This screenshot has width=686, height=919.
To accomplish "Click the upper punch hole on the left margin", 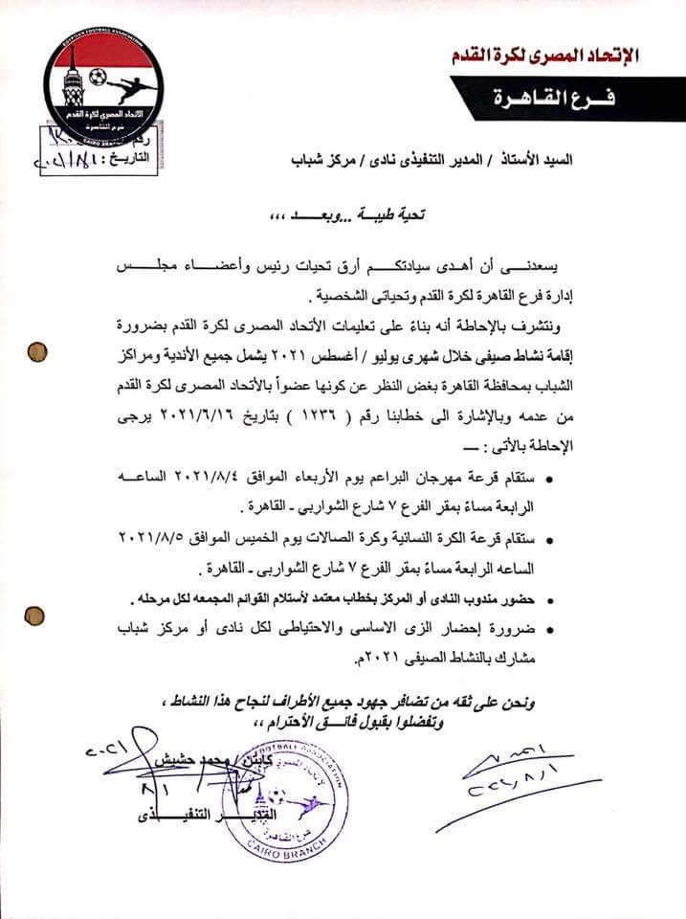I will (39, 348).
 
